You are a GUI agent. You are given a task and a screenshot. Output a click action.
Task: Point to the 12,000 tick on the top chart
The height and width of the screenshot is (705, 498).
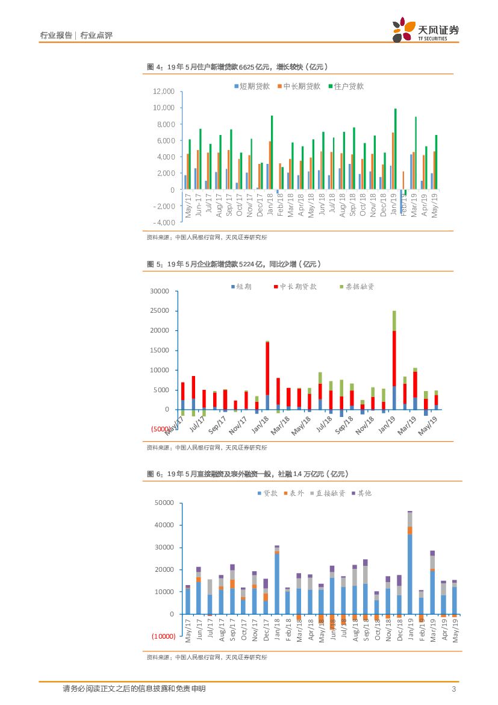click(163, 92)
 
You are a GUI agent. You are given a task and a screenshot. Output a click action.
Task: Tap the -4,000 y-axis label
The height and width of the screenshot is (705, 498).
click(163, 222)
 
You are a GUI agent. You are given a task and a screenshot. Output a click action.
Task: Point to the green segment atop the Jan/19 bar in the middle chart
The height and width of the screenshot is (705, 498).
click(394, 321)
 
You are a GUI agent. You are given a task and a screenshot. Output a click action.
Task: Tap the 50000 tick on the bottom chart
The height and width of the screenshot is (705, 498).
click(164, 503)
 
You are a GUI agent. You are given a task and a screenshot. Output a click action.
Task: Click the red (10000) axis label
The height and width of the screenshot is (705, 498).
click(163, 636)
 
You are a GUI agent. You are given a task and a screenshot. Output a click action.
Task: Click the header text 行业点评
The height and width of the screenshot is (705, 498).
click(96, 36)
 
